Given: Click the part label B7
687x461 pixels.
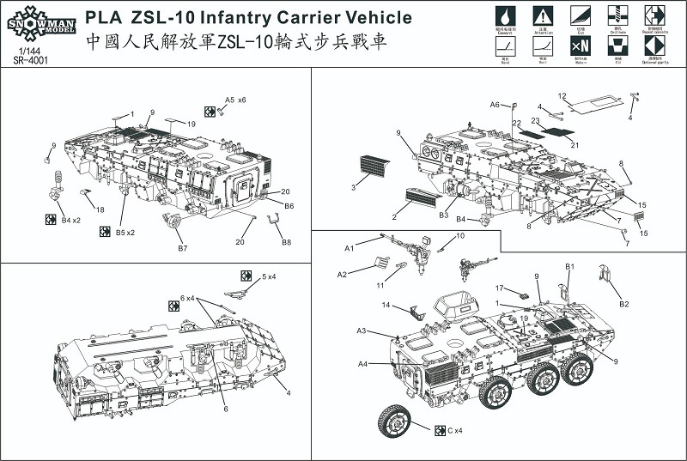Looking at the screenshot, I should click(182, 248).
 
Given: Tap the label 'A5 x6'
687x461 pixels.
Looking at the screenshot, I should click(235, 100).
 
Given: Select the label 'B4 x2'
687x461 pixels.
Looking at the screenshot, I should click(70, 221).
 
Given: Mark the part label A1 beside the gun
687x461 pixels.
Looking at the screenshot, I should click(350, 247).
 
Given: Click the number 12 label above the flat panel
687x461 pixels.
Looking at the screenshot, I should click(562, 96).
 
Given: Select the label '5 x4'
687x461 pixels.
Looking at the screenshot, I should click(269, 276).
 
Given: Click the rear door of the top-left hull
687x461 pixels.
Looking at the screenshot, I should click(243, 184).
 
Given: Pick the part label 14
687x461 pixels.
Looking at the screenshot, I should click(386, 306).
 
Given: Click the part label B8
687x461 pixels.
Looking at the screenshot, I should click(287, 242).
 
